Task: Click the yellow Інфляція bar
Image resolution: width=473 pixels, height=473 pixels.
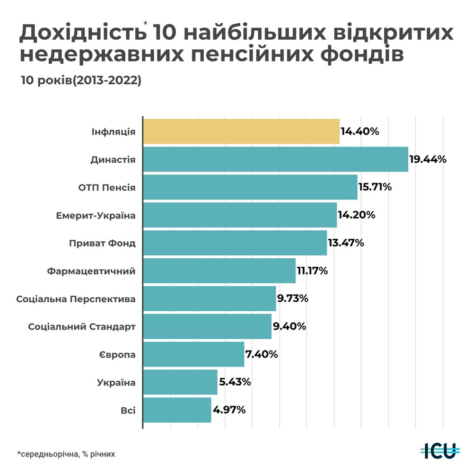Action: pyautogui.click(x=241, y=131)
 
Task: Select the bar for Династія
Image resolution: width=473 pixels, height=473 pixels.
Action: pyautogui.click(x=275, y=159)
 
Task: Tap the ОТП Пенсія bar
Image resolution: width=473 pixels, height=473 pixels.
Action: pyautogui.click(x=250, y=187)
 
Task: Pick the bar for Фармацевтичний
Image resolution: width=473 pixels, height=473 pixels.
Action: pyautogui.click(x=219, y=271)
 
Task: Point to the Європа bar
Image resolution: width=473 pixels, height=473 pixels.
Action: pyautogui.click(x=193, y=354)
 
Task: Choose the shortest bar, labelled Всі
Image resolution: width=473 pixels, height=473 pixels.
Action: pyautogui.click(x=177, y=410)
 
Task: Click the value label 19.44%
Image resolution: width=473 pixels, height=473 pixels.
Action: pyautogui.click(x=428, y=159)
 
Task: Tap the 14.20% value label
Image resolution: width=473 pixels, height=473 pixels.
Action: pyautogui.click(x=357, y=215)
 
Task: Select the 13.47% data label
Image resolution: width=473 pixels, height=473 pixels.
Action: pyautogui.click(x=346, y=243)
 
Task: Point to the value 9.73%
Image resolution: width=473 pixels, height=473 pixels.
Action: pyautogui.click(x=293, y=298)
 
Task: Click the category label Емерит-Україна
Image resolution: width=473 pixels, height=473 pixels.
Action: pyautogui.click(x=96, y=216)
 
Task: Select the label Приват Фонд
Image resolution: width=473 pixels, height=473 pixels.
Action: pyautogui.click(x=102, y=244)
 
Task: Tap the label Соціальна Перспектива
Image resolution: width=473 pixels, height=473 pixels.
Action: pyautogui.click(x=76, y=299)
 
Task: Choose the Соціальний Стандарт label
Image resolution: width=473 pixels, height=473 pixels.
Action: pyautogui.click(x=82, y=327)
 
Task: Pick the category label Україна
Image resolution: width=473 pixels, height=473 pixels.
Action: pyautogui.click(x=116, y=383)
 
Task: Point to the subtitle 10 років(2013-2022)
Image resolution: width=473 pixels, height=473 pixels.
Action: pyautogui.click(x=81, y=80)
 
